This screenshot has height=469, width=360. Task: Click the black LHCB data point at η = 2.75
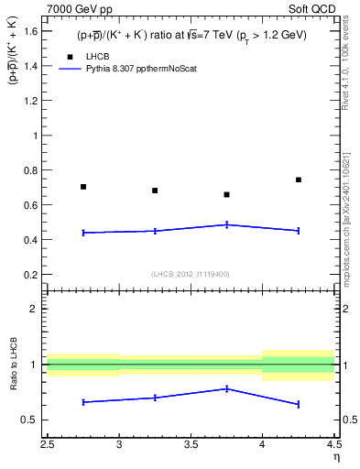coord(83,187)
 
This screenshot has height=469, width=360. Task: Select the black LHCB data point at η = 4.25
coord(299,180)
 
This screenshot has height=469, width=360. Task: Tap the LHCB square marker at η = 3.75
coord(227,194)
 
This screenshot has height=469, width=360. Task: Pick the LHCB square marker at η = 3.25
coord(155,191)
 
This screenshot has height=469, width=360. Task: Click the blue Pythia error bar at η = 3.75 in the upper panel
coord(227,224)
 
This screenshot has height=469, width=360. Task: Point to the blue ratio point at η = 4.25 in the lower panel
coord(299,404)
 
